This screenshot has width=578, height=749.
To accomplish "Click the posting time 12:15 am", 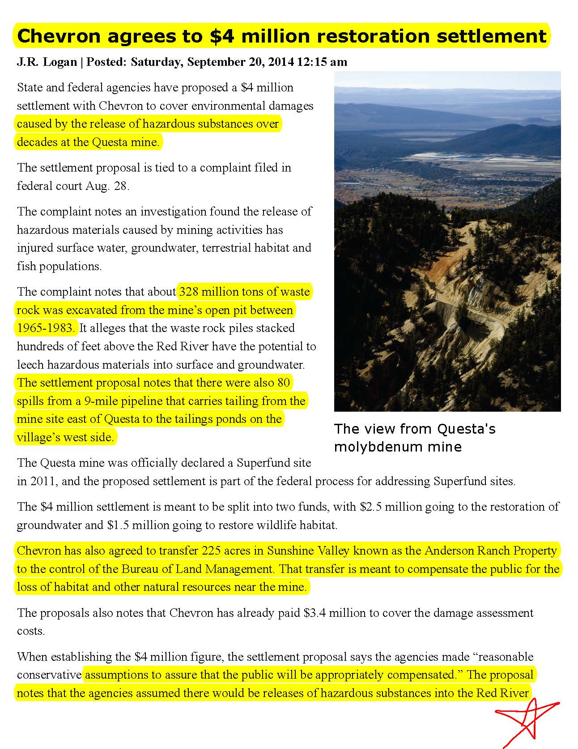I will click(x=322, y=62).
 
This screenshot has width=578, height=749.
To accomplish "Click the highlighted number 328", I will click(x=189, y=292).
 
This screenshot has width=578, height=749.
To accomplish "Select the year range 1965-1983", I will click(x=46, y=328).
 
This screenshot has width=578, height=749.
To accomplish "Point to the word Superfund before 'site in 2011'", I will click(x=263, y=463).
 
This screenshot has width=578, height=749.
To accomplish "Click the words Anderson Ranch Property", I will click(x=490, y=551).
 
